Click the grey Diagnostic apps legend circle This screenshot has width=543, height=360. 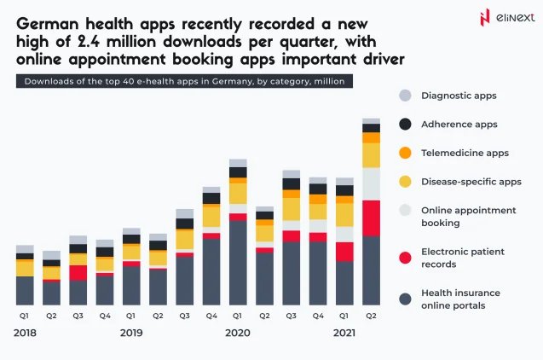click(405, 96)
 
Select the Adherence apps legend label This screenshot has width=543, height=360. click(461, 125)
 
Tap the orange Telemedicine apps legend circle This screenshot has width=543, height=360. click(405, 153)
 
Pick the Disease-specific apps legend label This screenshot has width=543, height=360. click(471, 182)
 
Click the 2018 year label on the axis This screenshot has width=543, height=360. click(26, 333)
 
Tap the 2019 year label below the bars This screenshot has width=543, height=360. click(131, 333)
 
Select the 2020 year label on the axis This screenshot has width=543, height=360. click(238, 333)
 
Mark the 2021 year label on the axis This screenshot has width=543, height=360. click(344, 333)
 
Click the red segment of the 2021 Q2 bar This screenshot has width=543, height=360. click(371, 218)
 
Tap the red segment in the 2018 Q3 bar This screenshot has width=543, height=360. click(78, 272)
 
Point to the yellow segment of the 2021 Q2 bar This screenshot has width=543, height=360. click(371, 154)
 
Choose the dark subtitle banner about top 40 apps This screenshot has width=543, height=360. click(184, 81)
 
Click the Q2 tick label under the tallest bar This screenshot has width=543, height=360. click(371, 314)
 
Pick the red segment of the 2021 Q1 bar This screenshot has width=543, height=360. click(344, 252)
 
